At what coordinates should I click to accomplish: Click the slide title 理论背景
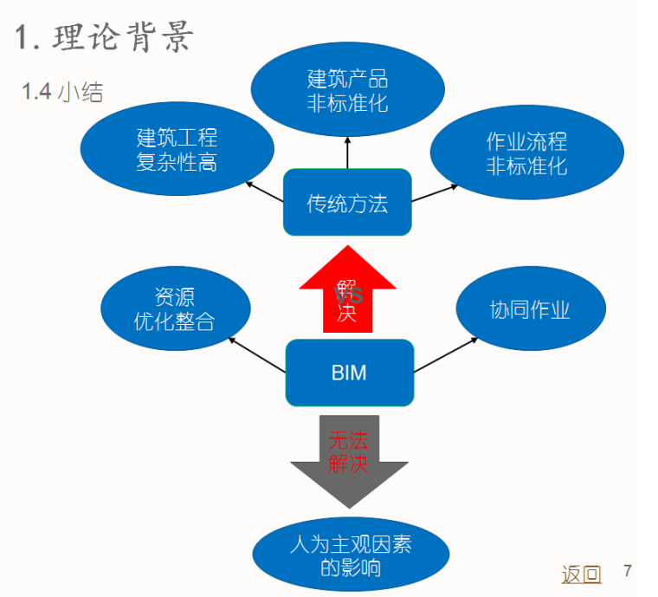pos(104,38)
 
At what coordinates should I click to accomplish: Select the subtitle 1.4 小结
pos(62,92)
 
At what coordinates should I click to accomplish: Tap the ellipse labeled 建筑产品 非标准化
pos(347,91)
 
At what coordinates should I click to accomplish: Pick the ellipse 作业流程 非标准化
pos(526,153)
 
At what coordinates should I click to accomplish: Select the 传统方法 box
pos(347,203)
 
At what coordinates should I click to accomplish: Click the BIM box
pos(349,373)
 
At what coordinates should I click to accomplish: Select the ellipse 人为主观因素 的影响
pos(351,555)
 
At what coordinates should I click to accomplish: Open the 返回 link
pos(581,574)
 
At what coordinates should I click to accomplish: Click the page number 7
pos(628,571)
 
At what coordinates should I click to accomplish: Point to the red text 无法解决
pos(348,451)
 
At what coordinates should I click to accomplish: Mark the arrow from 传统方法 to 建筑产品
pos(347,152)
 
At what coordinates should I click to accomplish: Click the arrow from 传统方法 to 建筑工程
pos(264,191)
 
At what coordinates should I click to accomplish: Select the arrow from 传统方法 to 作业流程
pos(435,192)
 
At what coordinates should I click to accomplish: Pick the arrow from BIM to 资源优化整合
pos(257,355)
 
